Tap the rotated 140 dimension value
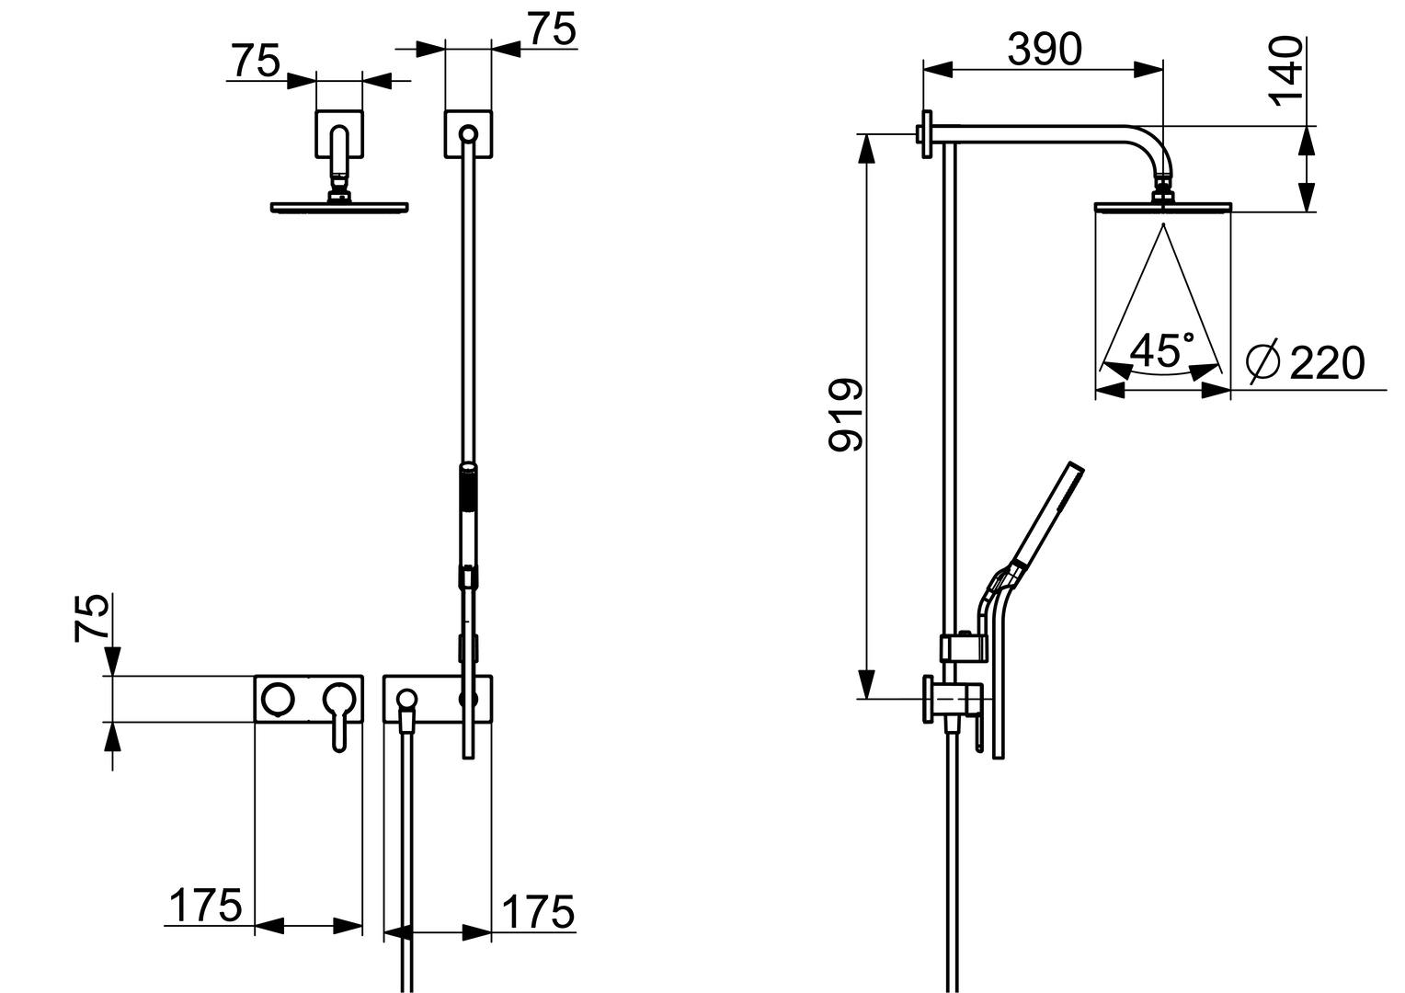[x=1285, y=72]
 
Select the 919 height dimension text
[x=846, y=415]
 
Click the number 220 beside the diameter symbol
[x=1327, y=362]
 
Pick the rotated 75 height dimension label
[x=91, y=618]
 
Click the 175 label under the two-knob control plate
[x=205, y=905]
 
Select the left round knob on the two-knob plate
[x=278, y=699]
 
